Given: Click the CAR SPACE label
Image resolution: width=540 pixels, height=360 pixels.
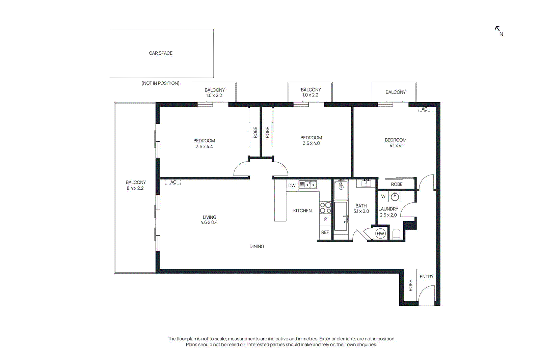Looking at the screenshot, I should pyautogui.click(x=161, y=53).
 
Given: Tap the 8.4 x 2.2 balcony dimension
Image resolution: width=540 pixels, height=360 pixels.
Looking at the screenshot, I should pyautogui.click(x=135, y=188).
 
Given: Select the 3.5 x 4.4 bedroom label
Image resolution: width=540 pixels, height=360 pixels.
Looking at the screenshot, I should pyautogui.click(x=204, y=144).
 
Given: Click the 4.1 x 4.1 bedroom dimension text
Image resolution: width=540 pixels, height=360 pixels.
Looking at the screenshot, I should pyautogui.click(x=397, y=146).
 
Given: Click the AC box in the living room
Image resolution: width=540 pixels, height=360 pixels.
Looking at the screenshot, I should pyautogui.click(x=173, y=182).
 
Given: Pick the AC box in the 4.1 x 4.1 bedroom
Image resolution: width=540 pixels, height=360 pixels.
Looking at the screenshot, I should pyautogui.click(x=424, y=109).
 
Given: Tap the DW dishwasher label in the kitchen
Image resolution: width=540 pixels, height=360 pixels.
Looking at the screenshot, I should pyautogui.click(x=292, y=186).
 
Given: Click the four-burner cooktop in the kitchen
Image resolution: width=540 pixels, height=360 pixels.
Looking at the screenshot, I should pyautogui.click(x=325, y=208).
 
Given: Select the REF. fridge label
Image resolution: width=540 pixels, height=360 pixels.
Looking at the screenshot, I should pyautogui.click(x=325, y=232).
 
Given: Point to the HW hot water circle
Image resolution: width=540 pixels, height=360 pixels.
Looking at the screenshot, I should pyautogui.click(x=380, y=234).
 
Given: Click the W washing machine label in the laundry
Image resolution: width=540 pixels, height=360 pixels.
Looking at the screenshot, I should pyautogui.click(x=383, y=196).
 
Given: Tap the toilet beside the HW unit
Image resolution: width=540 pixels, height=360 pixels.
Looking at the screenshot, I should pyautogui.click(x=396, y=234).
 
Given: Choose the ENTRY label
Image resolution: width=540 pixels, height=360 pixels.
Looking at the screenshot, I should pyautogui.click(x=426, y=277).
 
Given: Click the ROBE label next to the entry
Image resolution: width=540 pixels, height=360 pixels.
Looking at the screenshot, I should pyautogui.click(x=410, y=285).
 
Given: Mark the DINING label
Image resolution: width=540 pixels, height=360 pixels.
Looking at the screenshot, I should pyautogui.click(x=256, y=247).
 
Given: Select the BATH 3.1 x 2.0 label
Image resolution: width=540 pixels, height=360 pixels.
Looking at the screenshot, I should pyautogui.click(x=361, y=209).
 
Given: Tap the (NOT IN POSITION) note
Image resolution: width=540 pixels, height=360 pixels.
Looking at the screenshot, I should pyautogui.click(x=160, y=83).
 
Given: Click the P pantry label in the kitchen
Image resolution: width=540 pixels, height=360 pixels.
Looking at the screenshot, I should pyautogui.click(x=325, y=219).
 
